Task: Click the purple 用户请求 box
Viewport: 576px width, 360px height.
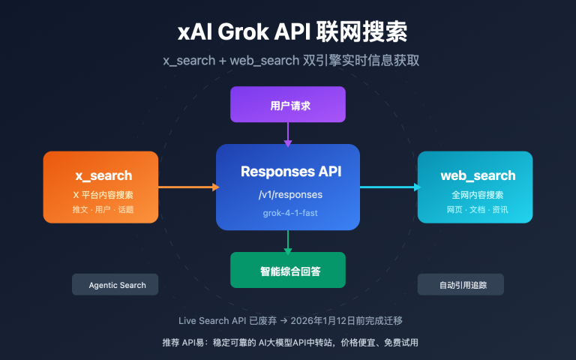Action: pyautogui.click(x=288, y=105)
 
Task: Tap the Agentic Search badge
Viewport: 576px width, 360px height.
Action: pyautogui.click(x=118, y=285)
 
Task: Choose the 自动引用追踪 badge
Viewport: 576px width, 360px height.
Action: pyautogui.click(x=460, y=285)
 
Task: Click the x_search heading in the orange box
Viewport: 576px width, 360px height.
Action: pyautogui.click(x=103, y=175)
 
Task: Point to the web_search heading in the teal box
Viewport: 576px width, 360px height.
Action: pyautogui.click(x=478, y=175)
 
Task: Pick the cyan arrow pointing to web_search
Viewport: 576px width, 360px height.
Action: pyautogui.click(x=389, y=187)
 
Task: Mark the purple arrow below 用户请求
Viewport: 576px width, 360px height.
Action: pyautogui.click(x=288, y=133)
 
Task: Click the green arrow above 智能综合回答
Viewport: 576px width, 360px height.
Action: pyautogui.click(x=288, y=241)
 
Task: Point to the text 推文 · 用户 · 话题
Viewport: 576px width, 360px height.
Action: pyautogui.click(x=103, y=209)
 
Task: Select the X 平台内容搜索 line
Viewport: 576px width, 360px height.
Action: pyautogui.click(x=103, y=195)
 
